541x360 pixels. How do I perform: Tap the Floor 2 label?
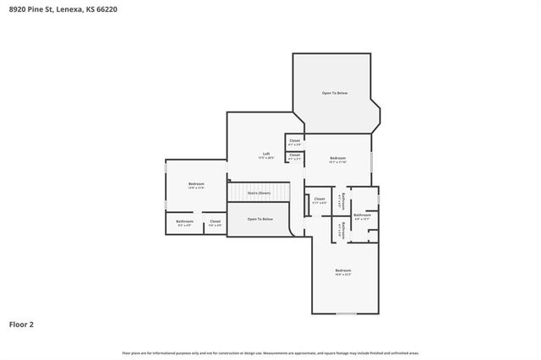pyautogui.click(x=22, y=324)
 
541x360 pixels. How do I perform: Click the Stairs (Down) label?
pyautogui.click(x=259, y=194)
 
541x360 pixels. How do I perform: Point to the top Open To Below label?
pyautogui.click(x=334, y=93)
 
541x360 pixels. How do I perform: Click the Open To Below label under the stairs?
pyautogui.click(x=260, y=219)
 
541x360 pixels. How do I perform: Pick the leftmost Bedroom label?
pyautogui.click(x=196, y=184)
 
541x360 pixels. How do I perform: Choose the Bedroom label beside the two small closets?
pyautogui.click(x=337, y=160)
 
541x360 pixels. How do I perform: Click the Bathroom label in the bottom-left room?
pyautogui.click(x=184, y=223)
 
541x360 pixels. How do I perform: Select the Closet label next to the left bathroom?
pyautogui.click(x=216, y=223)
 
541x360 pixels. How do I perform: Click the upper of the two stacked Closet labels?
pyautogui.click(x=294, y=142)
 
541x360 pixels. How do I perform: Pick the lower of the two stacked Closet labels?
pyautogui.click(x=294, y=156)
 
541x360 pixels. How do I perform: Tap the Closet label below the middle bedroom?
pyautogui.click(x=319, y=202)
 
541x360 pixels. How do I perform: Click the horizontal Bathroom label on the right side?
pyautogui.click(x=362, y=216)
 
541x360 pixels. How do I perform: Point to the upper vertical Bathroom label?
pyautogui.click(x=340, y=204)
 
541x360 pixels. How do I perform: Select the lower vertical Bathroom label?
pyautogui.click(x=340, y=229)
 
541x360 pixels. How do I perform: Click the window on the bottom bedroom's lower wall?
pyautogui.click(x=346, y=314)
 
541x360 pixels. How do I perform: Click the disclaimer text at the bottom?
pyautogui.click(x=270, y=352)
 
